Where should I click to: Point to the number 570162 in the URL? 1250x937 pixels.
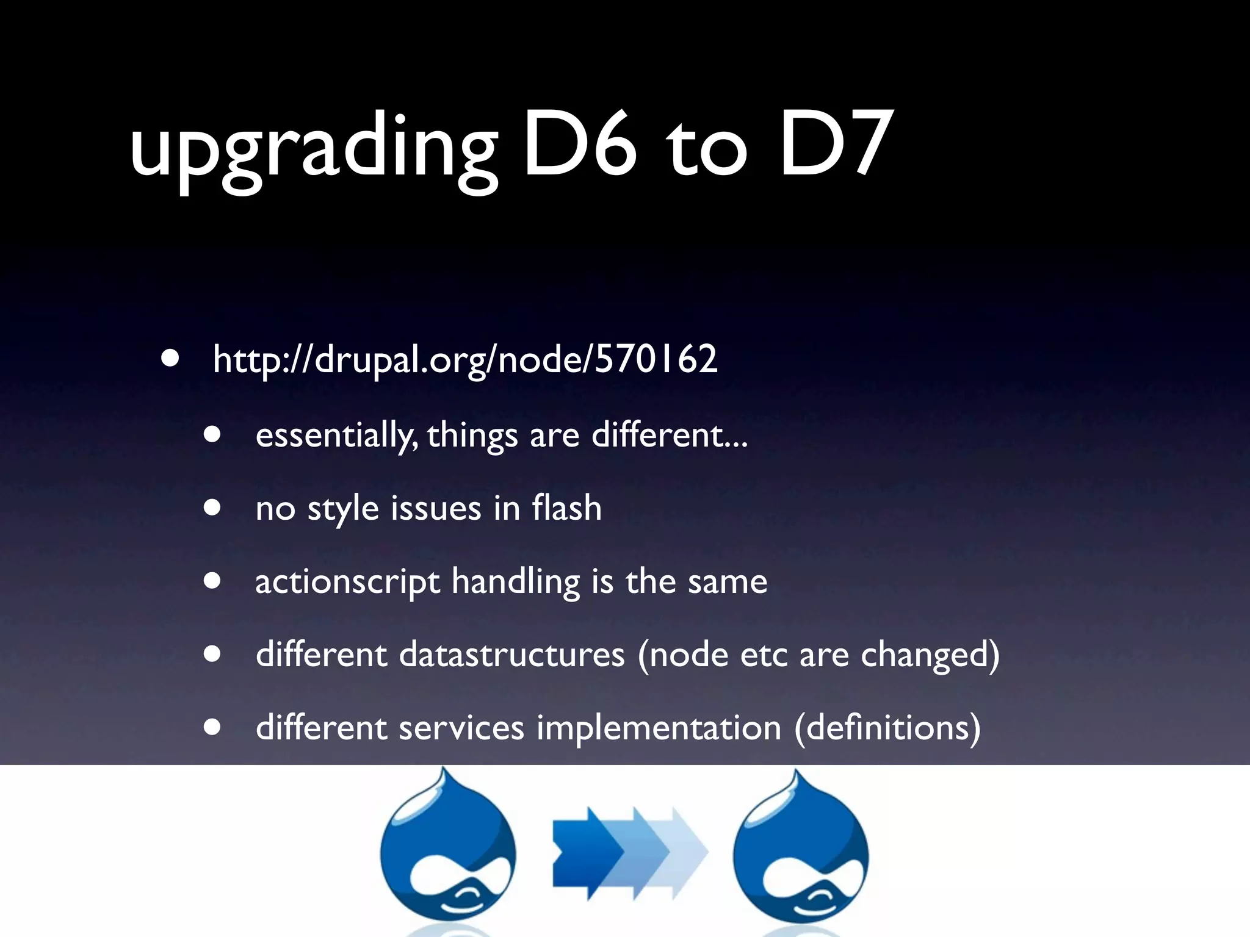[656, 359]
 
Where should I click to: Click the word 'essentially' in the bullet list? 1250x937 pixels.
[336, 436]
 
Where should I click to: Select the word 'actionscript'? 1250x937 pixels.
[347, 582]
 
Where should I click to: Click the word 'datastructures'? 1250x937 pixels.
[512, 655]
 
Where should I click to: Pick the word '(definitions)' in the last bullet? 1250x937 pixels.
[887, 728]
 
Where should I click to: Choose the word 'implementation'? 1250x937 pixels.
[659, 728]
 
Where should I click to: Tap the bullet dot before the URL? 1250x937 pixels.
[171, 359]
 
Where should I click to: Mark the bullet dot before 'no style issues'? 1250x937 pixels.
[212, 508]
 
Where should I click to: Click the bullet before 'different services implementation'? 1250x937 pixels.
[212, 727]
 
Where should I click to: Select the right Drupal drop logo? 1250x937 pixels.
[801, 851]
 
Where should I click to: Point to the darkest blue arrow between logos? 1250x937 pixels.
[583, 852]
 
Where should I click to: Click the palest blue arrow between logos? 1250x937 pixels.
[687, 852]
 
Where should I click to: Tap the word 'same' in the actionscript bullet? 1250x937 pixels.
[728, 582]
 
